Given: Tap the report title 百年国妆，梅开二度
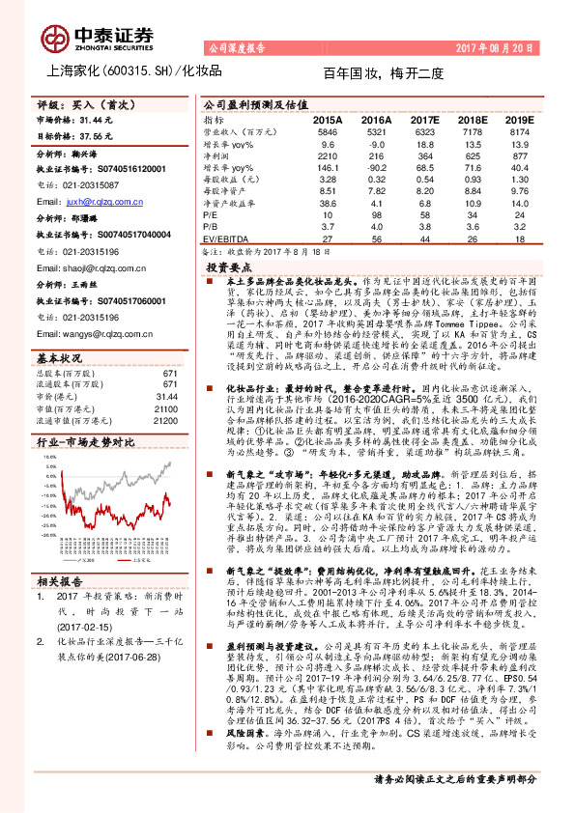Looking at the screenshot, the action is point(382,72).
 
